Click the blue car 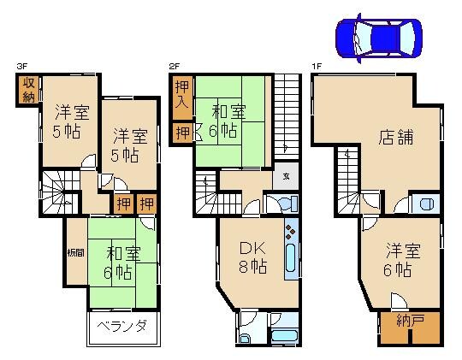tap(378, 37)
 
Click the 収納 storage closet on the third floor tap(27, 89)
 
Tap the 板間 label tap(74, 253)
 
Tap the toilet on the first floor tap(426, 204)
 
